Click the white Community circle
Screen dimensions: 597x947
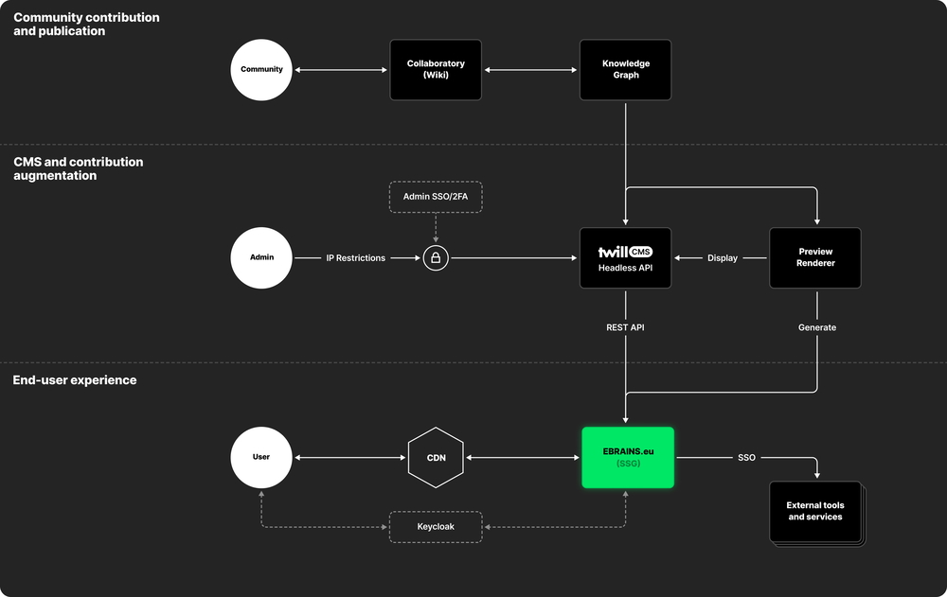[x=261, y=69]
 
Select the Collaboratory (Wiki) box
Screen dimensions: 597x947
[x=436, y=69]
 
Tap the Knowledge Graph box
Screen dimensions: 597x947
[x=625, y=69]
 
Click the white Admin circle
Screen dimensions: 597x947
[x=261, y=258]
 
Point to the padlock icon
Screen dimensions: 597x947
[x=436, y=258]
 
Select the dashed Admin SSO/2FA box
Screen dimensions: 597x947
[x=436, y=196]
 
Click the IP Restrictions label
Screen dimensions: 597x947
[x=355, y=258]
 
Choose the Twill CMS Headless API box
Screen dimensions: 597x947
[x=625, y=258]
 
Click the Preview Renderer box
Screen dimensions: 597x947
[x=815, y=258]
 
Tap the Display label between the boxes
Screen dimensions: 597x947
[x=723, y=258]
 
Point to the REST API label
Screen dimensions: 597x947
[x=625, y=327]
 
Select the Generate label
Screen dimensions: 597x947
[x=816, y=327]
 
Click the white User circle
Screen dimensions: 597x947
[x=261, y=457]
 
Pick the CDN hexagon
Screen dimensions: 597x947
[x=436, y=457]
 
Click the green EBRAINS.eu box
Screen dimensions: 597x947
[x=628, y=457]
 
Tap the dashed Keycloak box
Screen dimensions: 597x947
[x=436, y=527]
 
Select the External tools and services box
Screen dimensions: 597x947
[x=815, y=512]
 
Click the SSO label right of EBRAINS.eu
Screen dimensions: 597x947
[x=746, y=457]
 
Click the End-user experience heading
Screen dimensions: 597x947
[x=75, y=380]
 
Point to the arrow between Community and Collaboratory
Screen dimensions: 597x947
[x=341, y=69]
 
